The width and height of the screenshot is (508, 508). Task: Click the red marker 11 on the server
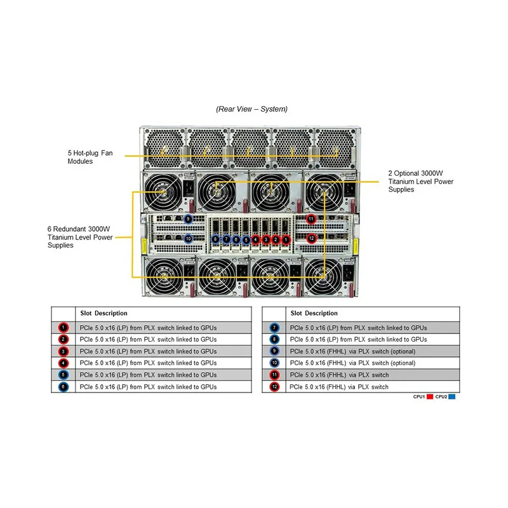click(311, 219)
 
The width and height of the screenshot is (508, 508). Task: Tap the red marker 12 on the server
click(311, 238)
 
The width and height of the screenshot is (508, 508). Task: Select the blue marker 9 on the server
click(188, 219)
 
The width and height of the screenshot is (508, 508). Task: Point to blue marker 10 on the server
click(188, 238)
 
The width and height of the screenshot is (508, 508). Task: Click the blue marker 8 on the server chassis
click(216, 239)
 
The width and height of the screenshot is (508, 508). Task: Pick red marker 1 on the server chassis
click(286, 239)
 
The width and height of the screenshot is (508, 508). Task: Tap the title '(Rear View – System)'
click(251, 109)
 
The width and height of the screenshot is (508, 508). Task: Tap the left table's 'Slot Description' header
click(104, 313)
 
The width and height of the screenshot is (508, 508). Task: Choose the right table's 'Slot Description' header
click(314, 313)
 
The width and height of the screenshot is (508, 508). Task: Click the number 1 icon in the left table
click(63, 328)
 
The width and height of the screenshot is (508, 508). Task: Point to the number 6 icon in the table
click(63, 386)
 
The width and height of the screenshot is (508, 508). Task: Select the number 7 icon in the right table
click(274, 328)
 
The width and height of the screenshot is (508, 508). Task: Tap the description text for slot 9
click(352, 351)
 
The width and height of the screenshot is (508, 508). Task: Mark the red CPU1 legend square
click(429, 397)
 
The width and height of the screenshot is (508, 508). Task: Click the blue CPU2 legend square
click(451, 397)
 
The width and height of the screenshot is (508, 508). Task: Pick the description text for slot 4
click(148, 363)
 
